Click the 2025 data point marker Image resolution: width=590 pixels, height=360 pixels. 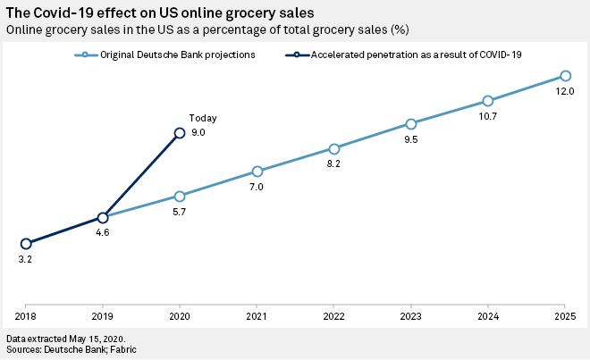[x=565, y=76]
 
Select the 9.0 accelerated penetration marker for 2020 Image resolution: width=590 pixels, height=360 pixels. [x=180, y=132]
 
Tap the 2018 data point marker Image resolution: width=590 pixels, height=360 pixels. [x=26, y=243]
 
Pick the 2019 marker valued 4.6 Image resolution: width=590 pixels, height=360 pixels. [x=103, y=218]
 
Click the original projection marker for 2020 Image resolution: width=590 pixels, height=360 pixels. [x=180, y=196]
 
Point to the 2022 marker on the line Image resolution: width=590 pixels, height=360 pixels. [x=333, y=148]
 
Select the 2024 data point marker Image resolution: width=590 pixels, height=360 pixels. [x=488, y=101]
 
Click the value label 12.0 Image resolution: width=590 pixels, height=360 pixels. [x=565, y=92]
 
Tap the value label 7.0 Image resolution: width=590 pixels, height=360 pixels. [x=257, y=187]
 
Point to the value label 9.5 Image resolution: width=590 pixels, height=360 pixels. [x=411, y=139]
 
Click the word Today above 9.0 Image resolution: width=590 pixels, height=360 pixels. [x=203, y=118]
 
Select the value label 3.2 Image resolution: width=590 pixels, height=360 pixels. [x=26, y=260]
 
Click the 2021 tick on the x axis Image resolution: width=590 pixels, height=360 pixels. [x=257, y=316]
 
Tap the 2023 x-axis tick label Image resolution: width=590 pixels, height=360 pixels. [x=411, y=316]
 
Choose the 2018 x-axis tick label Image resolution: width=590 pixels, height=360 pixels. [x=26, y=316]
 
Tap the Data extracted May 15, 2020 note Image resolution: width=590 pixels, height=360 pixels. [x=65, y=339]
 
